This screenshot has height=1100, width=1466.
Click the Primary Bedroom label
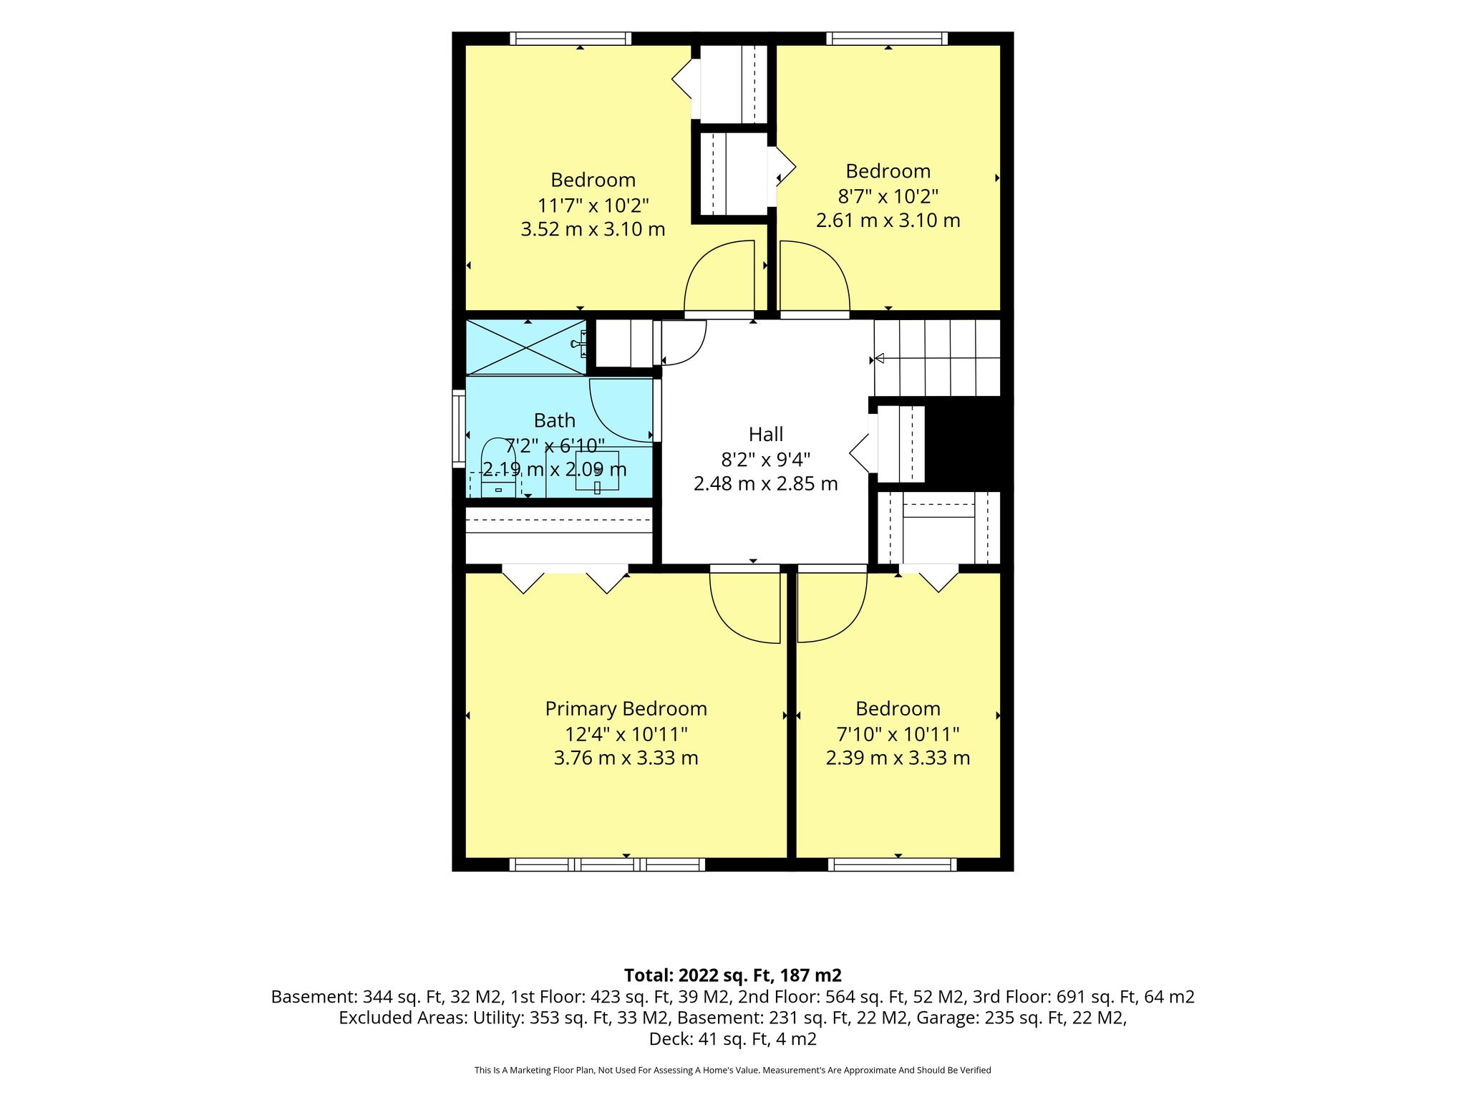(x=626, y=709)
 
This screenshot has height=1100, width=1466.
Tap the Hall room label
(x=766, y=434)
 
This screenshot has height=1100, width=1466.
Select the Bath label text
(x=555, y=420)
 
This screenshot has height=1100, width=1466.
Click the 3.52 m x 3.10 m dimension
(x=593, y=229)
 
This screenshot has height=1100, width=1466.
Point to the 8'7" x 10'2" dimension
(x=888, y=196)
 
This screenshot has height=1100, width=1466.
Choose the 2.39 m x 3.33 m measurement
(x=898, y=758)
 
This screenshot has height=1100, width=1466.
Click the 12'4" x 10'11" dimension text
(x=626, y=733)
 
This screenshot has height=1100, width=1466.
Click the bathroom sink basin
(x=597, y=471)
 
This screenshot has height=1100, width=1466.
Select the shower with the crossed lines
(x=526, y=347)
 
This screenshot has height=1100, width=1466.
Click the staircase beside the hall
(x=937, y=358)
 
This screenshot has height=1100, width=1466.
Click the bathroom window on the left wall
(x=459, y=428)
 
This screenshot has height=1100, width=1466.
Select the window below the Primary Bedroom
(x=607, y=864)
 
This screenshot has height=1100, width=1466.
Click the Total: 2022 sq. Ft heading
(x=733, y=975)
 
